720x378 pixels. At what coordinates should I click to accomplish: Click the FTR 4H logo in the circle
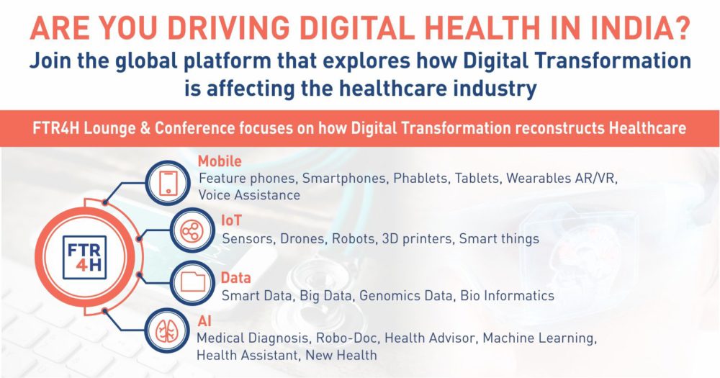click(x=84, y=257)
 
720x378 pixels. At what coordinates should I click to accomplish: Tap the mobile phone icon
click(x=168, y=183)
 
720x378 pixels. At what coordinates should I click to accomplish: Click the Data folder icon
click(x=193, y=282)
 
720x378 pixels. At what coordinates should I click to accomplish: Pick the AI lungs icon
click(x=167, y=330)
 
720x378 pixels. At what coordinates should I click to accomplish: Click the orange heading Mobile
click(x=220, y=161)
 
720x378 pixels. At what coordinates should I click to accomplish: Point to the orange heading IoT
click(x=231, y=220)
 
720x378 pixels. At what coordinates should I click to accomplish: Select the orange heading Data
click(x=235, y=278)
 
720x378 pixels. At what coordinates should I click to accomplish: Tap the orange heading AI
click(x=204, y=320)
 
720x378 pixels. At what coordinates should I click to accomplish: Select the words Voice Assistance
click(x=249, y=194)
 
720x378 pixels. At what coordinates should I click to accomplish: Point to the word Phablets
click(x=420, y=179)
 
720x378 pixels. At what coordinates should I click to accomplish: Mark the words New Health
click(x=341, y=355)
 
